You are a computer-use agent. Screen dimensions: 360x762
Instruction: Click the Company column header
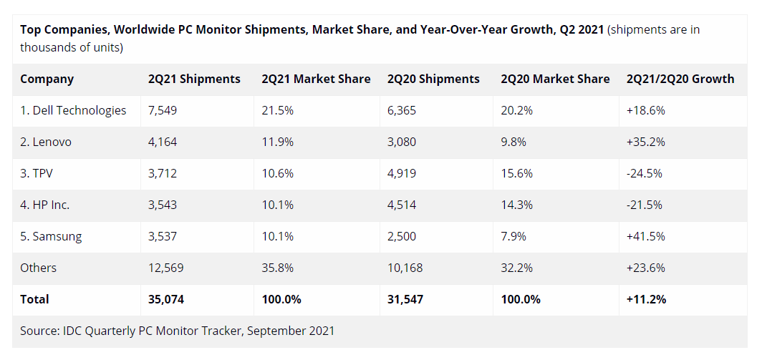[x=47, y=79]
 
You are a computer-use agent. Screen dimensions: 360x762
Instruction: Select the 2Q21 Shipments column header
[x=194, y=79]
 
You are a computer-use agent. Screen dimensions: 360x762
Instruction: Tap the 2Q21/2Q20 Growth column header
[x=680, y=79]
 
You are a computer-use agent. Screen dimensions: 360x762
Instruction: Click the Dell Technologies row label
[x=73, y=110]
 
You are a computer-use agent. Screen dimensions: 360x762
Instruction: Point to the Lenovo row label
[x=46, y=142]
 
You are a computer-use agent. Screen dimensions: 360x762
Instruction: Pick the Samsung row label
[x=51, y=236]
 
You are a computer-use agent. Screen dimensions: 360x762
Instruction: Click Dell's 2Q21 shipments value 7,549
[x=163, y=110]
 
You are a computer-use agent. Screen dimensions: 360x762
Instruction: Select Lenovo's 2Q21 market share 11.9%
[x=278, y=142]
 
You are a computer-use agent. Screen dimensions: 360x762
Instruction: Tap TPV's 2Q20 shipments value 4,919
[x=402, y=173]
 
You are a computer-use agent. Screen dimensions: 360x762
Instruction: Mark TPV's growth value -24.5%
[x=645, y=173]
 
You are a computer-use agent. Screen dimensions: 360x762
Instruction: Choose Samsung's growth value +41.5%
[x=645, y=236]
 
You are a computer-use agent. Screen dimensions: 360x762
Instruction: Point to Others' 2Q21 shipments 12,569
[x=166, y=268]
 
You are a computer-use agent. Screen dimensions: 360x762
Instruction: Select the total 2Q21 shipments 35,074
[x=166, y=299]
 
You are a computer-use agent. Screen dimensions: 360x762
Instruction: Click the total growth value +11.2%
[x=646, y=299]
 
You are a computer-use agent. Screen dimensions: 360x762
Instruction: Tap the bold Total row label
[x=35, y=299]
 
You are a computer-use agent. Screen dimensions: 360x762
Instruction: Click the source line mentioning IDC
[x=177, y=331]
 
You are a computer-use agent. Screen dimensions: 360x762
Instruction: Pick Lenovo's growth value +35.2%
[x=645, y=142]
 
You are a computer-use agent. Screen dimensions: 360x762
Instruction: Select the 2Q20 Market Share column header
[x=555, y=79]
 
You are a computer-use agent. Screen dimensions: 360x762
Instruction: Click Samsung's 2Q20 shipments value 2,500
[x=402, y=236]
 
